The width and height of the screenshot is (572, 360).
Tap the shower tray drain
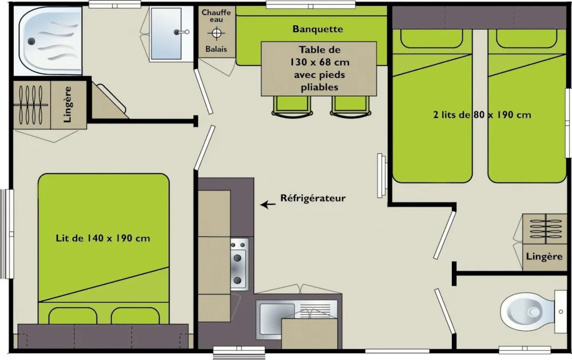click(x=31, y=41)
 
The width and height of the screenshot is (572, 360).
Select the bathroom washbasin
click(x=166, y=34)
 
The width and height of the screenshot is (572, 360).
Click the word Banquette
click(x=317, y=29)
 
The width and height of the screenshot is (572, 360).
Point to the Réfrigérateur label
click(x=313, y=198)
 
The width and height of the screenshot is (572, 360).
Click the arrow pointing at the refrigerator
click(x=268, y=204)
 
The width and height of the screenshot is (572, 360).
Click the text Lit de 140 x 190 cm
click(x=103, y=239)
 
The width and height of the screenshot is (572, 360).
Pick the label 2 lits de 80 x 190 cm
click(x=482, y=114)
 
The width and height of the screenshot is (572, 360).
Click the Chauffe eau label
click(x=216, y=15)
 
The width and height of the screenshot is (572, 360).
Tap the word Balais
click(x=216, y=49)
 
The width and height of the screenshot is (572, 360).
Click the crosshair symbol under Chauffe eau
click(x=216, y=34)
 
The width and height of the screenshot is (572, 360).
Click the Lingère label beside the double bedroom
click(x=67, y=104)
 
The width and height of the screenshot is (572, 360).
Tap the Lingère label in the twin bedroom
click(x=545, y=256)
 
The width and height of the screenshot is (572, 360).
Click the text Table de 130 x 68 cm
click(x=319, y=56)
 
